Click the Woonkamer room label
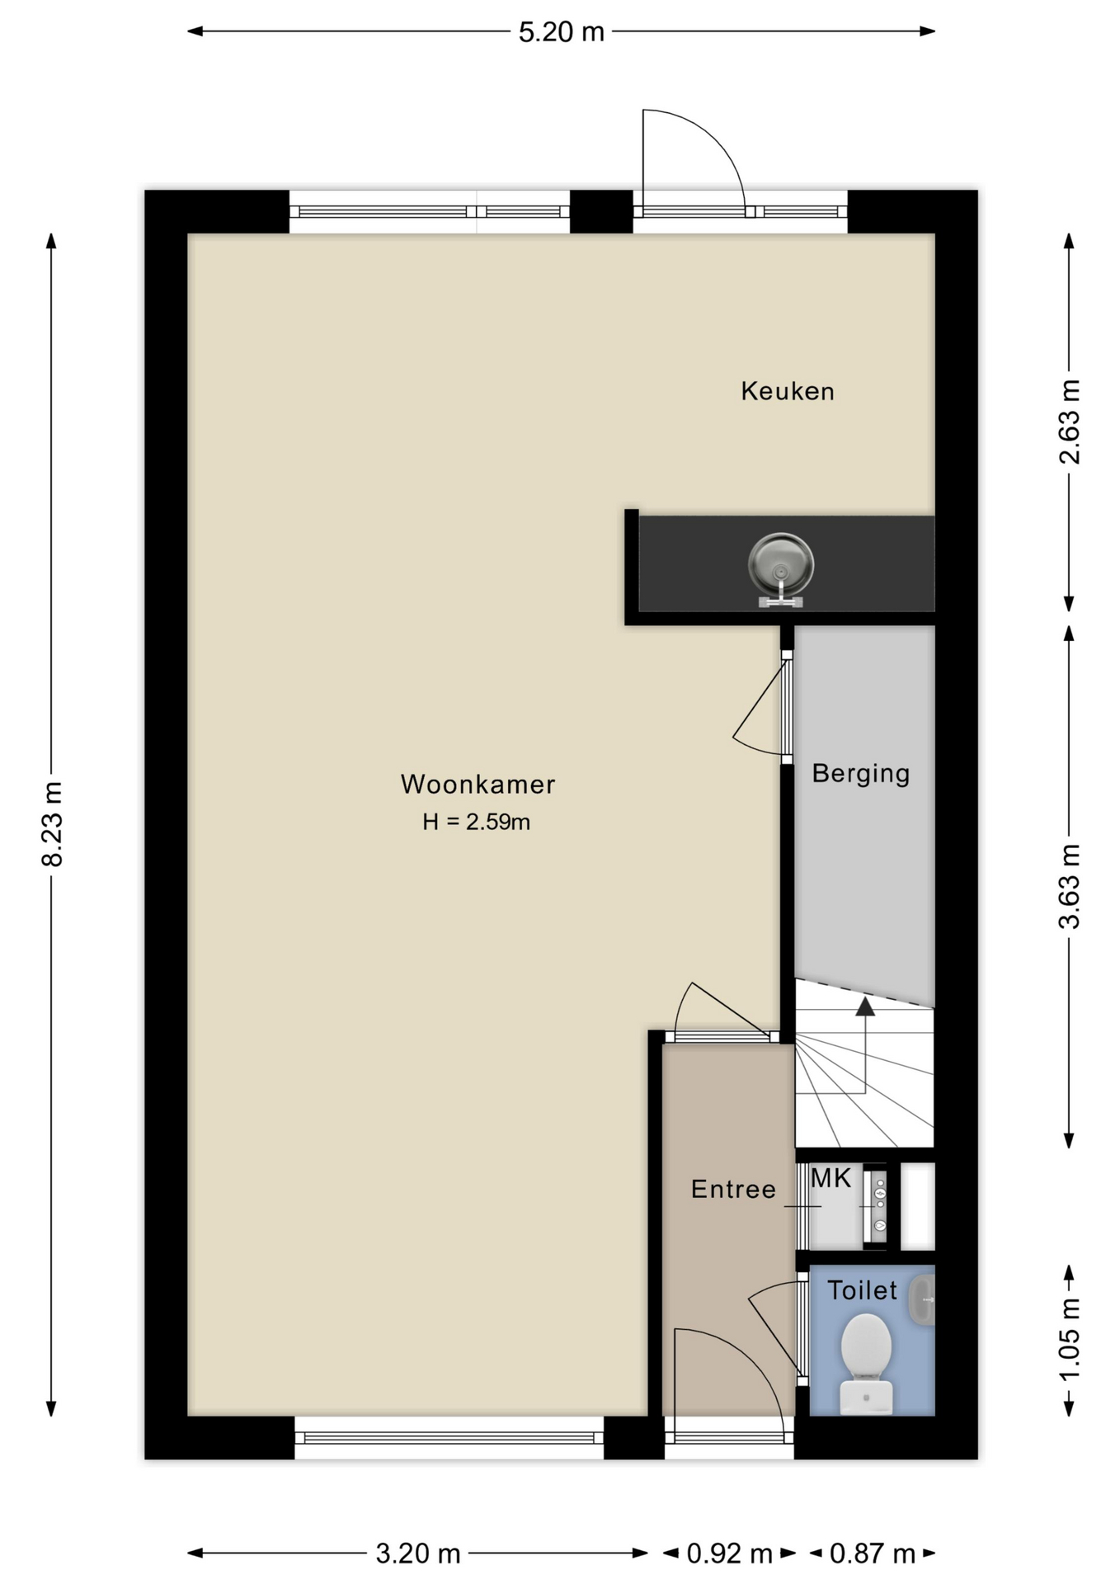click(478, 784)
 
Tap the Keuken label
click(787, 391)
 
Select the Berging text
click(860, 773)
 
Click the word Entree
click(733, 1189)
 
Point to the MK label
click(831, 1178)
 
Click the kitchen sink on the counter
click(780, 566)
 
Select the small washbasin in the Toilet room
click(923, 1300)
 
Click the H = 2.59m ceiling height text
click(476, 822)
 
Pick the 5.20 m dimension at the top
click(561, 32)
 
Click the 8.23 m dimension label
click(52, 823)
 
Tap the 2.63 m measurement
click(1069, 421)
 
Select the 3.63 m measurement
click(1069, 886)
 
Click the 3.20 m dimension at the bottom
click(417, 1553)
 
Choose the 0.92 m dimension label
click(729, 1553)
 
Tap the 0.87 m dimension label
click(872, 1553)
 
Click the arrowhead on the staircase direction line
click(864, 1006)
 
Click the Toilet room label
click(862, 1290)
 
